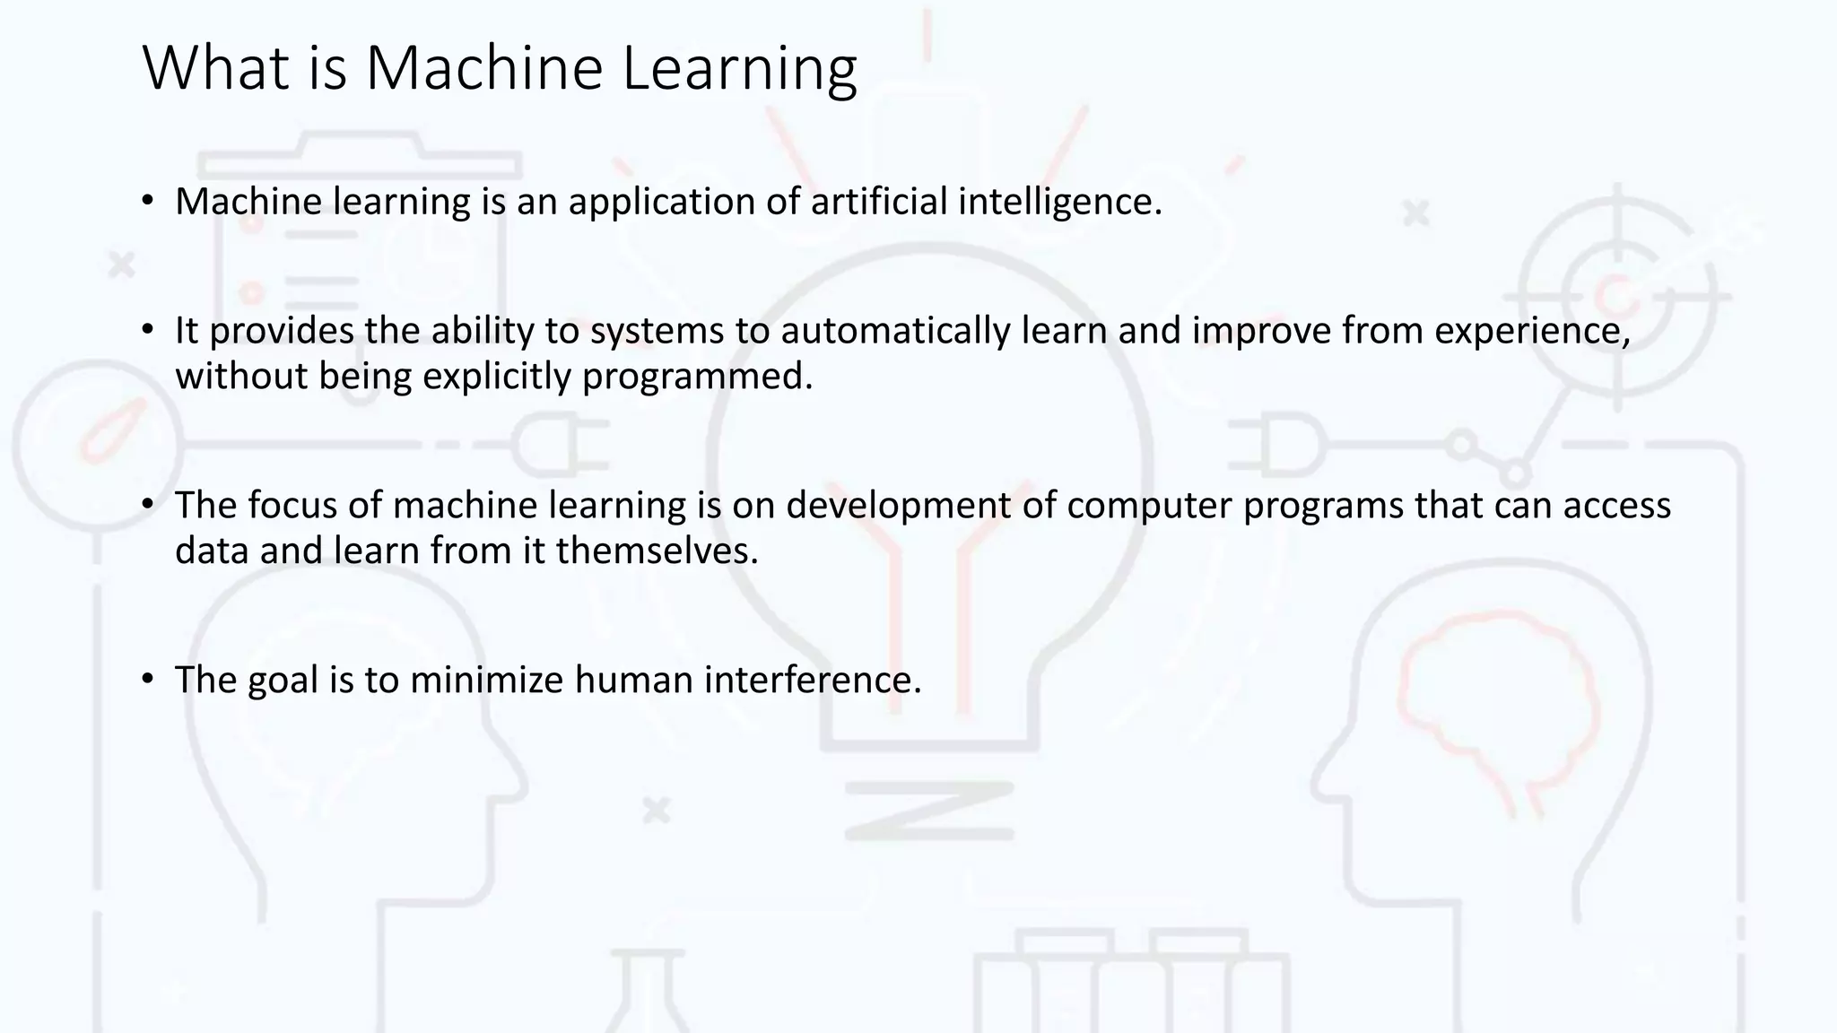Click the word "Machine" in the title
tap(484, 68)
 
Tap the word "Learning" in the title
tap(739, 70)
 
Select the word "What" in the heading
tap(216, 68)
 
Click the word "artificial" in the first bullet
tap(879, 201)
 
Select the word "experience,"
tap(1532, 332)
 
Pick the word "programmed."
tap(697, 377)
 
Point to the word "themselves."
tap(657, 551)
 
